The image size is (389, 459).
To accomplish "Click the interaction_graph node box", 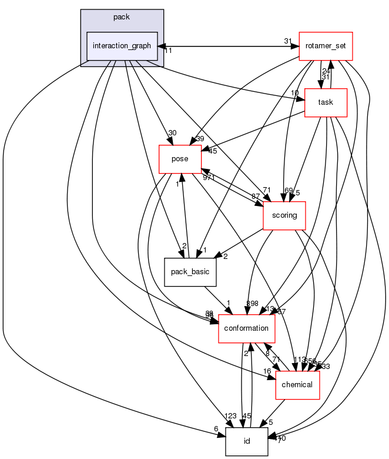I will [x=122, y=46].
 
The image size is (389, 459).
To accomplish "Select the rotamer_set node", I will [x=326, y=46].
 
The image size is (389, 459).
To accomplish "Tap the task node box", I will [x=326, y=102].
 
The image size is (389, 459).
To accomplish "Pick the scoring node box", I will [x=284, y=215].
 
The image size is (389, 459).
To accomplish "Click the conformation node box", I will [x=247, y=328].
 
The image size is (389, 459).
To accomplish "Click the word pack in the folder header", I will [x=122, y=17].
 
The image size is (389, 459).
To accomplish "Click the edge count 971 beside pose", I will [x=209, y=177].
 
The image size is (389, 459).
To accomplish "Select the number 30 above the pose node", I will [x=172, y=133].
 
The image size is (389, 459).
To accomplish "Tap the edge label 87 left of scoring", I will [x=256, y=195].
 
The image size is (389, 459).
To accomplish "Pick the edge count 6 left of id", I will [x=216, y=428].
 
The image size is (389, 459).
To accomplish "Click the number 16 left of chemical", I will [x=267, y=372].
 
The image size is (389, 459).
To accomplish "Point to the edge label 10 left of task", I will [x=294, y=93].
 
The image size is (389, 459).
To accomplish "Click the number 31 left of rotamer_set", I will [x=288, y=41].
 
